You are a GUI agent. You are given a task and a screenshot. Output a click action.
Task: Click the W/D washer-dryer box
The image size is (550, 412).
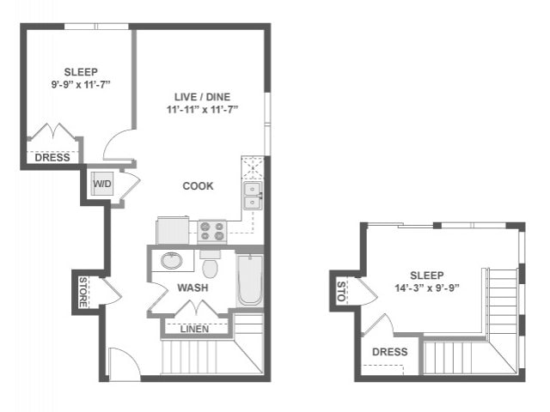(102, 183)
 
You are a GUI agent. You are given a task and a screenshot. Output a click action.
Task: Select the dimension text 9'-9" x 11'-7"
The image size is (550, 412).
(81, 86)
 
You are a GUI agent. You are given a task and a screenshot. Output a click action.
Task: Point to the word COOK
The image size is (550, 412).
(198, 186)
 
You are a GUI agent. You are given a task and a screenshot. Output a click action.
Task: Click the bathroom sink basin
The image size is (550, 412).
(171, 262)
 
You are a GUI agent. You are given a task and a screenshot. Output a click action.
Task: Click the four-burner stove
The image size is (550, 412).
(211, 231)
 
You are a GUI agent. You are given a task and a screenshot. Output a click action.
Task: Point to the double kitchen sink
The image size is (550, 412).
(252, 197)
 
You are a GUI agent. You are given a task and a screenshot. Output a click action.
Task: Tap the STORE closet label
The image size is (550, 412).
(83, 292)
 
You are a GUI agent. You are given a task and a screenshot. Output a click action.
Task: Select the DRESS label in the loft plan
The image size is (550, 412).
(389, 352)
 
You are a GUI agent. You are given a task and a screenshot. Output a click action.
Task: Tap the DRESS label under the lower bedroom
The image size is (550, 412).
(52, 157)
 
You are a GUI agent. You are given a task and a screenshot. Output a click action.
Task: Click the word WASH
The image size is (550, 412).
(192, 288)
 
